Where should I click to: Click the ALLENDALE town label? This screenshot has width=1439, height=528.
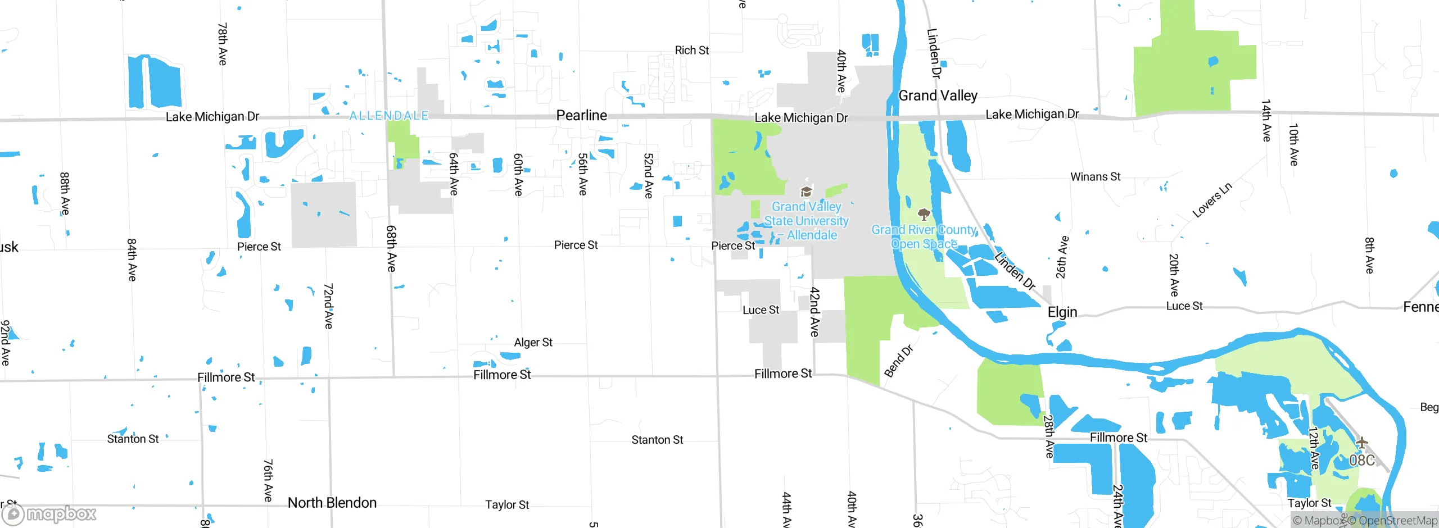(x=388, y=116)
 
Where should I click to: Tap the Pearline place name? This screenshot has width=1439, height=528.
(x=581, y=115)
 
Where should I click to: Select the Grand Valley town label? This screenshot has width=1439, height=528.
(x=938, y=95)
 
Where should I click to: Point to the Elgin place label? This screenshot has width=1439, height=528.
(x=1062, y=312)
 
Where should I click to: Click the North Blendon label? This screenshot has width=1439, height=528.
(x=332, y=503)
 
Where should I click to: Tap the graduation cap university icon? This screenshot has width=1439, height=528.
(x=806, y=192)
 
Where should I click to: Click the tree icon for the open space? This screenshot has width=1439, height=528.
(x=924, y=214)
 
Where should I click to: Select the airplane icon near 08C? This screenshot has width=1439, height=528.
(x=1361, y=443)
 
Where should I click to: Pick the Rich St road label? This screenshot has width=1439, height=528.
(x=691, y=51)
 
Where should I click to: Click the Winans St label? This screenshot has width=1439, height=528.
(x=1095, y=177)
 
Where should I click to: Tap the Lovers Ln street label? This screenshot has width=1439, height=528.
(x=1212, y=200)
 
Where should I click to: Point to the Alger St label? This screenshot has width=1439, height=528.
(x=533, y=343)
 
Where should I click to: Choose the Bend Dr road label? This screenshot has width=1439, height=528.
(x=898, y=361)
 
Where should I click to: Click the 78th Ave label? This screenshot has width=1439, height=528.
(x=223, y=44)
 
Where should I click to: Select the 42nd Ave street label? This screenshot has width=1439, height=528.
(x=814, y=312)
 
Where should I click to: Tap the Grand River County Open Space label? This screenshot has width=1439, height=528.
(x=924, y=236)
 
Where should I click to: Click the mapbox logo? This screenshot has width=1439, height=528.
(x=49, y=514)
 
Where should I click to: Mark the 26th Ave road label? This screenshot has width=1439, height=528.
(x=1062, y=257)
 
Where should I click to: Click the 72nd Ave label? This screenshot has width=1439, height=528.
(x=328, y=306)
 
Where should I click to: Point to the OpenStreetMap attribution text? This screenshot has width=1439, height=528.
(x=1397, y=521)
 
